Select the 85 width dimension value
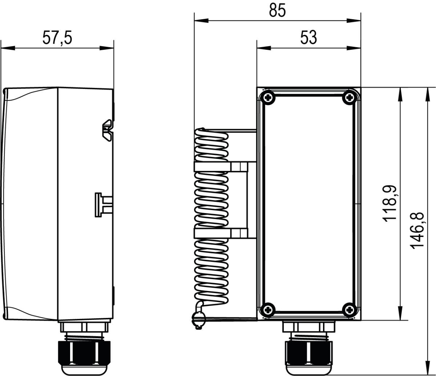277,11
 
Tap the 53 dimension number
308,38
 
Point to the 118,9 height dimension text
390,204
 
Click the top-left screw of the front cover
268,97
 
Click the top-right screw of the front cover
349,97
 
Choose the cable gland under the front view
308,352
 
